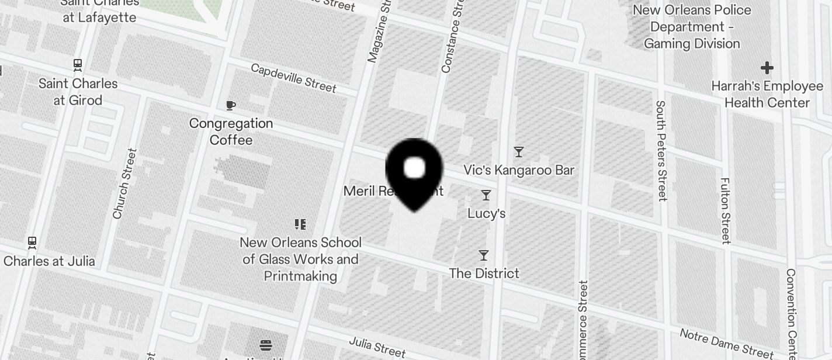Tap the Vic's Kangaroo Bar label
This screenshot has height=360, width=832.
[519, 170]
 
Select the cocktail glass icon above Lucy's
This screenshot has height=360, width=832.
[486, 195]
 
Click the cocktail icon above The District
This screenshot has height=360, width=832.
[483, 255]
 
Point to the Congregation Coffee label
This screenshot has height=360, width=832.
[231, 131]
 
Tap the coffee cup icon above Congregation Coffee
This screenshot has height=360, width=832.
[231, 105]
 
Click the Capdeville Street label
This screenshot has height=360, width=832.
[293, 78]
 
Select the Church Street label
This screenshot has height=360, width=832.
[124, 184]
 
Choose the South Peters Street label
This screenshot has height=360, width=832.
[661, 150]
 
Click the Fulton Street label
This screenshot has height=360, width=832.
[726, 210]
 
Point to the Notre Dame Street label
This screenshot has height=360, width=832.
[726, 343]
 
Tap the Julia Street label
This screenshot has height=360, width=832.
[377, 347]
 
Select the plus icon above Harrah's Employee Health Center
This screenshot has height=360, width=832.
[767, 68]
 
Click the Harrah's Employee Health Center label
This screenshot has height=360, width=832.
[767, 95]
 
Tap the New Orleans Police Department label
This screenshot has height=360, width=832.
[692, 27]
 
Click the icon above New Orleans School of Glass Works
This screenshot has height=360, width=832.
[300, 224]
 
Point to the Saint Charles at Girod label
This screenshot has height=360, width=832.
[78, 92]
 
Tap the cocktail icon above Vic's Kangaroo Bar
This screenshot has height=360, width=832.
[518, 152]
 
